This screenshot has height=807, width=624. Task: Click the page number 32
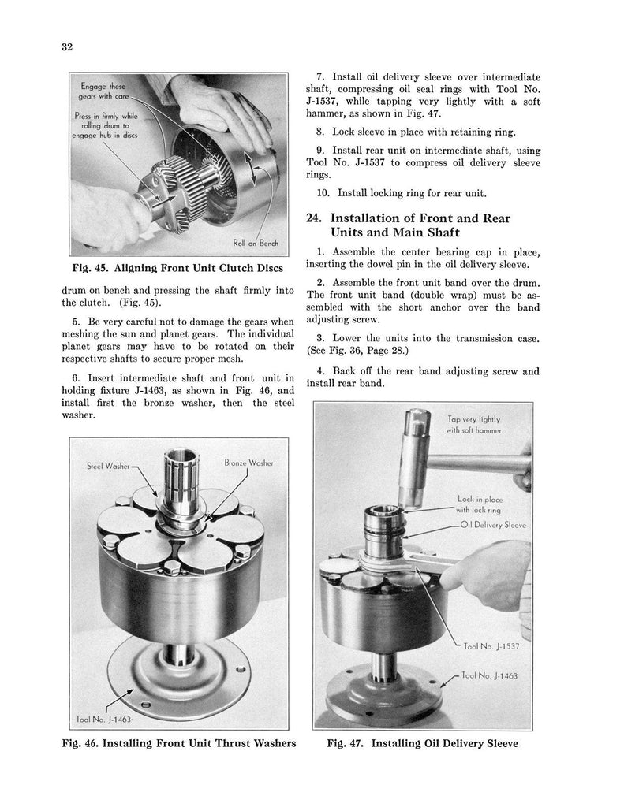pyautogui.click(x=67, y=46)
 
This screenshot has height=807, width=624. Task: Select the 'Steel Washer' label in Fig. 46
pyautogui.click(x=109, y=466)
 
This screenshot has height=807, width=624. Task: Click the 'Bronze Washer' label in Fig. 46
pyautogui.click(x=248, y=463)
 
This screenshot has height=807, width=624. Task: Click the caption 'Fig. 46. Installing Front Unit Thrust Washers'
pyautogui.click(x=181, y=743)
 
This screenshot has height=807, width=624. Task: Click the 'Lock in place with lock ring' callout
pyautogui.click(x=479, y=504)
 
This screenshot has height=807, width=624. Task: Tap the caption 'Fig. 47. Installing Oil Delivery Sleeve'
pyautogui.click(x=424, y=743)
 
